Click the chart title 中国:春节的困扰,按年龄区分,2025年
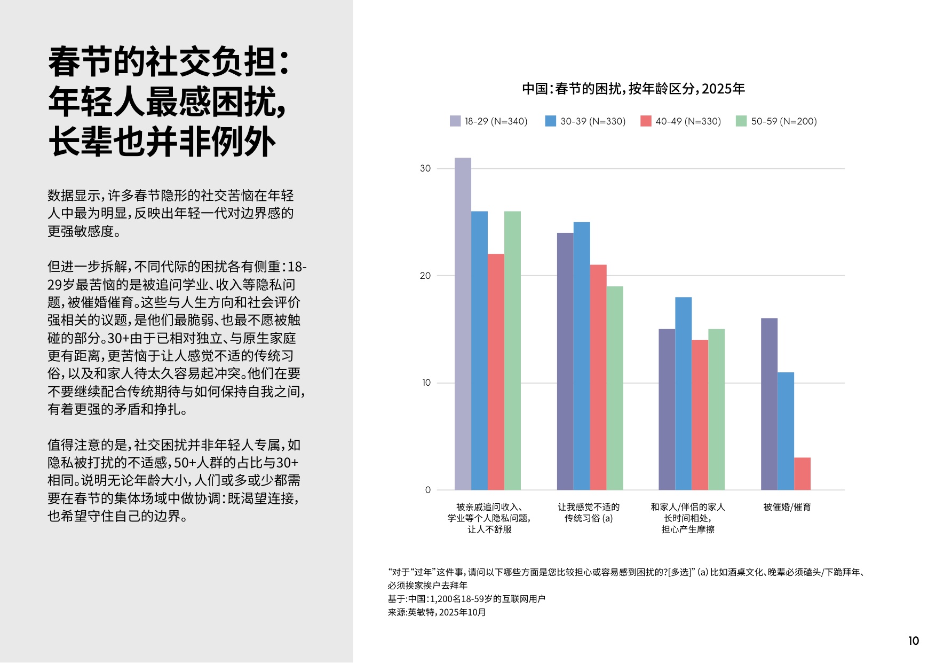pos(633,89)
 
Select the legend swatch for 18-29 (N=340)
pos(455,121)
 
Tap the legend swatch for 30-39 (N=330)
pos(550,121)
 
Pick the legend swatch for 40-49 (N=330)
pos(646,121)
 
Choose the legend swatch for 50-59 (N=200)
pos(741,121)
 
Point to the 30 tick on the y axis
pos(425,168)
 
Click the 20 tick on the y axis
pos(425,276)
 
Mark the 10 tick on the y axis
pos(426,383)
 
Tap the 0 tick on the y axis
pos(427,490)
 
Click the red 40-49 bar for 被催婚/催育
pos(802,474)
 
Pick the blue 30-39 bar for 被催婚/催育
pos(786,431)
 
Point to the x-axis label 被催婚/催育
pos(787,507)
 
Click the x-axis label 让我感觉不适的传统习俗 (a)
pos(589,512)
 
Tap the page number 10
pos(914,641)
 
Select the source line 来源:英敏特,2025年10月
pos(437,612)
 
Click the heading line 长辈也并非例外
pos(162,142)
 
